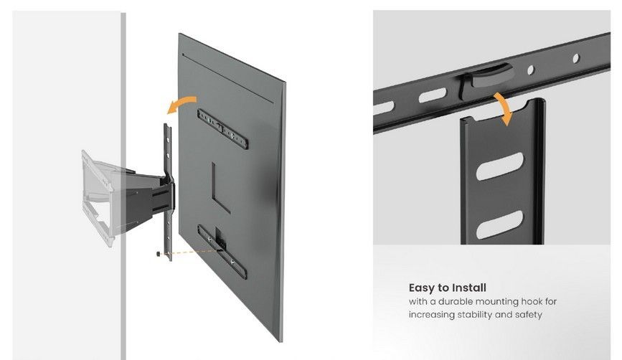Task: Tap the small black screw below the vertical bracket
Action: coord(159,254)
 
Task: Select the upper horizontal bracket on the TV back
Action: coord(222,129)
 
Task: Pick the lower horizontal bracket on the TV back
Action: coord(222,252)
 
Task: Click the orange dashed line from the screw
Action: coord(189,252)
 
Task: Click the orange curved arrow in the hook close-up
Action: coord(504,108)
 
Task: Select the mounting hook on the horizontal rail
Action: coord(486,80)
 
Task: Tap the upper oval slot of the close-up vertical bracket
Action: coord(499,166)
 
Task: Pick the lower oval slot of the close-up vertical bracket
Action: coord(499,224)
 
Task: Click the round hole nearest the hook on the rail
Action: coord(530,70)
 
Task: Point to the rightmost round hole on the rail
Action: coord(576,58)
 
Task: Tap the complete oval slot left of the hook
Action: coord(432,95)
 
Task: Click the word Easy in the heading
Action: coord(423,288)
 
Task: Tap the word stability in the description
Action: coord(475,315)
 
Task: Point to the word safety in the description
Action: coord(529,315)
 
